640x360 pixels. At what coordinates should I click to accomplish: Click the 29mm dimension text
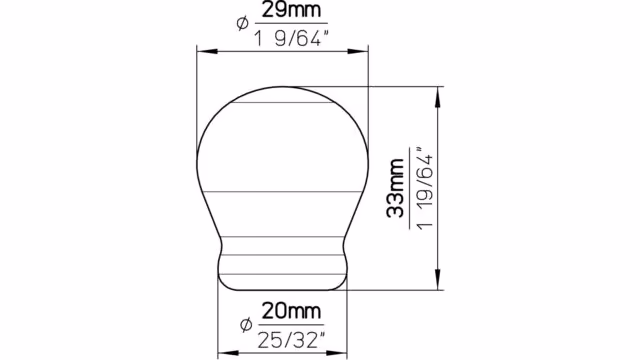point(291,10)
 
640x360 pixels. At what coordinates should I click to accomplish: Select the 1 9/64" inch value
point(291,38)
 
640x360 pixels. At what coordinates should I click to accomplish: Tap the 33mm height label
point(395,188)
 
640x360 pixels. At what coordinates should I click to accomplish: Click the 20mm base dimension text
point(291,311)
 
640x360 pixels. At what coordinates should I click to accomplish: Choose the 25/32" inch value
point(292,340)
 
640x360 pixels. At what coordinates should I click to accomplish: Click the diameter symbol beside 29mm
point(242,23)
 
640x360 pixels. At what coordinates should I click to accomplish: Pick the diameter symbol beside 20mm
point(245,325)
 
